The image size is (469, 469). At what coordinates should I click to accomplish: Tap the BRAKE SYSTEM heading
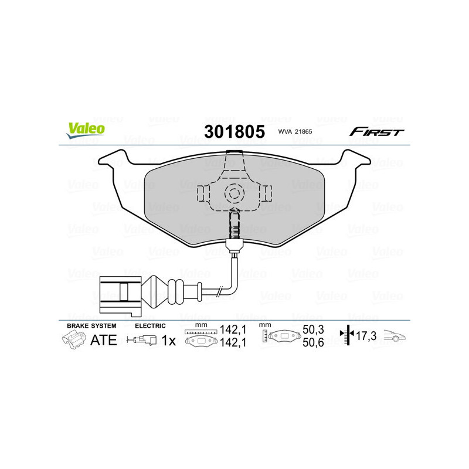click(91, 325)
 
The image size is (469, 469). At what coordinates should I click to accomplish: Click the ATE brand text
click(104, 340)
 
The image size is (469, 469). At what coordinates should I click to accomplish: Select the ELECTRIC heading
click(151, 325)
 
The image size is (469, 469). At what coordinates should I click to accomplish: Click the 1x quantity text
click(169, 340)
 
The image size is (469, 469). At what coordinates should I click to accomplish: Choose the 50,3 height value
click(312, 331)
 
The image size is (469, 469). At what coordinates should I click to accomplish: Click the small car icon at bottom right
click(395, 337)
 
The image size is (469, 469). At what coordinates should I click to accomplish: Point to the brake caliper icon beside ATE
click(73, 339)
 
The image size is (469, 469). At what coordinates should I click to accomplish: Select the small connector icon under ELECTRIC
click(142, 340)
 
